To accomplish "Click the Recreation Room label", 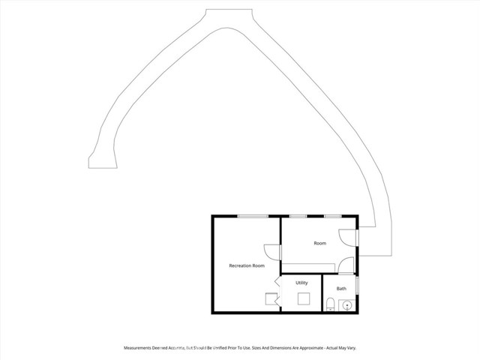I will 247,265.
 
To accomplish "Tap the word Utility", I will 301,283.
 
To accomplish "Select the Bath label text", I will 341,289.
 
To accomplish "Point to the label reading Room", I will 320,244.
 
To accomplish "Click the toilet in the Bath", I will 331,304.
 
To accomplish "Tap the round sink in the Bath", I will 346,304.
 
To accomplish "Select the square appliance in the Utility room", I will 304,298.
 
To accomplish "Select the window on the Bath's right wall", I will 357,285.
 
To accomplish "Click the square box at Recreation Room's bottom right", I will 271,298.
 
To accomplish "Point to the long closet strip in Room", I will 309,268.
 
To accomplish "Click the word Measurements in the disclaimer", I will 141,348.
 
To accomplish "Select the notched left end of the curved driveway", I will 92,160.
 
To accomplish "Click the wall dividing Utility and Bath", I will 322,292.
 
